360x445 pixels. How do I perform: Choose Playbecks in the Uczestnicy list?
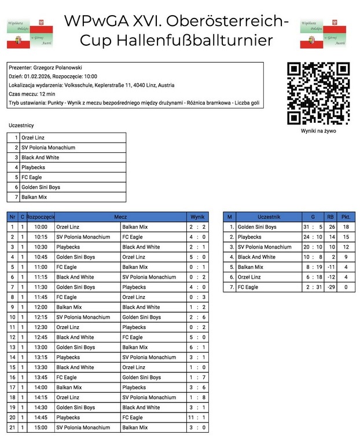pos(33,167)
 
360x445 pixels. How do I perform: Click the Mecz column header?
pos(120,217)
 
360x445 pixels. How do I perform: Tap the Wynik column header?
pos(197,217)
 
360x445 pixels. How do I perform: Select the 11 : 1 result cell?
pos(197,417)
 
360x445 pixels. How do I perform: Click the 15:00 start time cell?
pos(41,428)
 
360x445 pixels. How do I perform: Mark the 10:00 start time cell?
pos(41,227)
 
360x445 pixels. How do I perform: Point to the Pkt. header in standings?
pos(346,217)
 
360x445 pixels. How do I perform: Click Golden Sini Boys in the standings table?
pos(257,227)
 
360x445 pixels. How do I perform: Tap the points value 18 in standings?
pos(346,227)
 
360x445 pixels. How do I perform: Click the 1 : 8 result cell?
pos(197,397)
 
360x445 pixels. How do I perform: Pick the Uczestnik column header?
pos(269,217)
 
